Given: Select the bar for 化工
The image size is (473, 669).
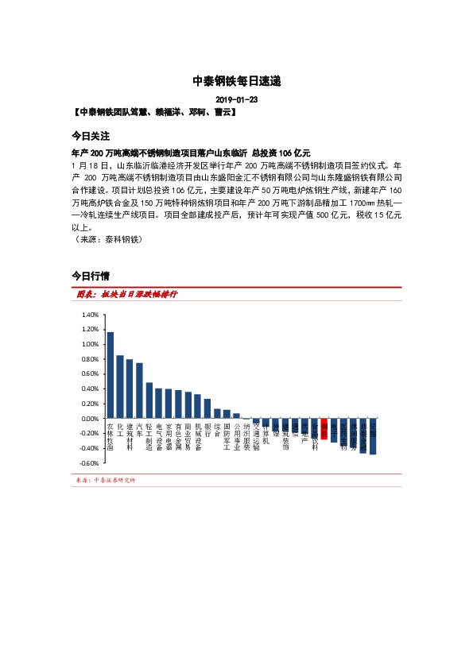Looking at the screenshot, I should click(x=120, y=387).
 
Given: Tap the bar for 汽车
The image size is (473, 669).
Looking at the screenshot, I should click(x=139, y=390).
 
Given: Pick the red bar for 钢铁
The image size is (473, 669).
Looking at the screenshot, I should click(x=324, y=425).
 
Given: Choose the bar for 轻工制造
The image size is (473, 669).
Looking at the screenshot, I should click(x=149, y=400).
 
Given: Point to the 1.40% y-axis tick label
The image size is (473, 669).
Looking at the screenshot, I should click(x=90, y=315).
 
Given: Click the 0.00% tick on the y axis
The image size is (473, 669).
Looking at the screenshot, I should click(x=90, y=419).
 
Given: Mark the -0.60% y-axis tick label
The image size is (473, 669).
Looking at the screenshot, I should click(x=89, y=463).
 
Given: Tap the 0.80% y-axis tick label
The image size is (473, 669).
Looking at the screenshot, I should click(x=90, y=359).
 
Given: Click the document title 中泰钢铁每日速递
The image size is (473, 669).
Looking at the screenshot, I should click(x=236, y=81).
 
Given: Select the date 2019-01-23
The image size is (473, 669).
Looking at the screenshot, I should click(x=236, y=100).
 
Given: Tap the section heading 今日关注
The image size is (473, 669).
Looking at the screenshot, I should click(x=90, y=136).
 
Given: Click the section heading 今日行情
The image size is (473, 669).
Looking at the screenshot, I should click(x=90, y=276).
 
